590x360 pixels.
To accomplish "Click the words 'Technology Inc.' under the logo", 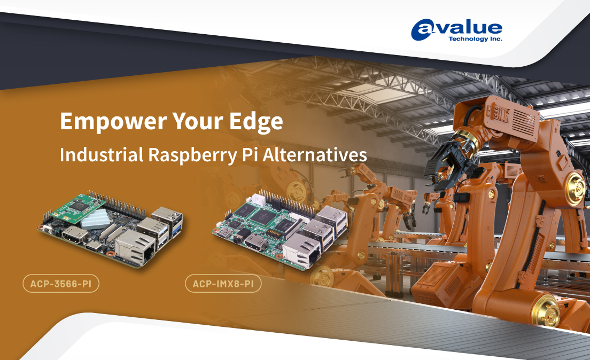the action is (475, 39).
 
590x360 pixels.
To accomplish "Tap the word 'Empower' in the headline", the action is (113, 121).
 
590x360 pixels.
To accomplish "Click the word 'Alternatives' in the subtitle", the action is (315, 155).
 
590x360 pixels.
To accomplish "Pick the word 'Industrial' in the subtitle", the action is (102, 154).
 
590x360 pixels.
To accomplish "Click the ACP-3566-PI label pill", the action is (61, 284).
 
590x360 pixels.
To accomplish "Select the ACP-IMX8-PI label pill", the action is (223, 284).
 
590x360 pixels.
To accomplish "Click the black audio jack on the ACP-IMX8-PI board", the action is (238, 238).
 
